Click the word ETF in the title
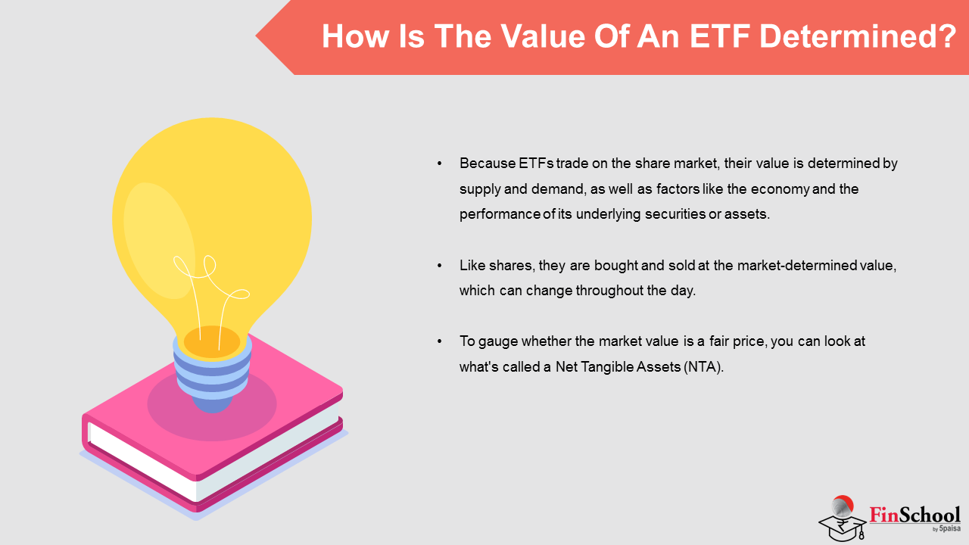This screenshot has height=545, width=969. click(719, 36)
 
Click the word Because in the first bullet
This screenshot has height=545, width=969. click(487, 163)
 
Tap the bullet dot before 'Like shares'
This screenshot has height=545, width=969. click(440, 265)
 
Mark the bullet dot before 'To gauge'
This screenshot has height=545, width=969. click(440, 341)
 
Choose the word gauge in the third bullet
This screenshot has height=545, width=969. click(498, 341)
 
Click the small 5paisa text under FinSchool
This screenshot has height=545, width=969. click(949, 528)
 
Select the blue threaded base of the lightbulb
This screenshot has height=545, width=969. click(212, 374)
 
